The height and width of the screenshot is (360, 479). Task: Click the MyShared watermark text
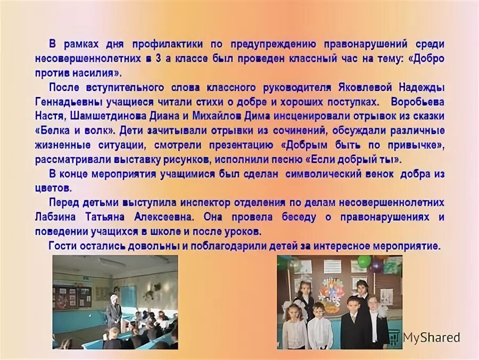tap(431, 337)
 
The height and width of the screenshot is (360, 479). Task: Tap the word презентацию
tap(243, 145)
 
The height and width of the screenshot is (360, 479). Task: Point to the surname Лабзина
tap(56, 217)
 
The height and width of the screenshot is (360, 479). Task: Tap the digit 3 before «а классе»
tap(159, 59)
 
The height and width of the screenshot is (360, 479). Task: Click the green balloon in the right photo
tap(364, 261)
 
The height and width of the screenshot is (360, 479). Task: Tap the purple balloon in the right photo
tap(377, 265)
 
